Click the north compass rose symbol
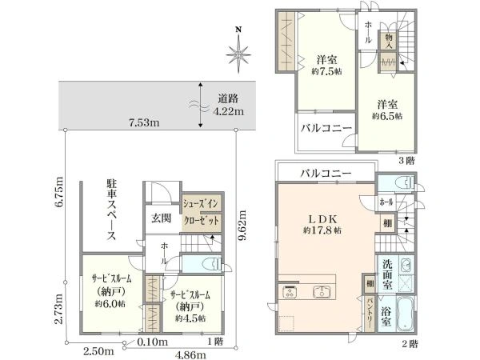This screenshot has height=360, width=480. pyautogui.click(x=238, y=53)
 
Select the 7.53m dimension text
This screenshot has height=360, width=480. pyautogui.click(x=145, y=122)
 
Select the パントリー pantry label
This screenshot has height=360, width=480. pyautogui.click(x=370, y=314)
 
